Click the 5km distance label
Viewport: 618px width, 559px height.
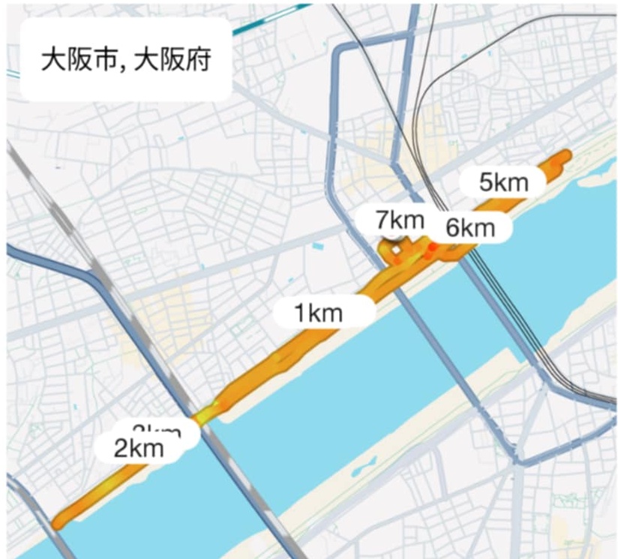click(x=504, y=181)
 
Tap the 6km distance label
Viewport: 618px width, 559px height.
click(x=471, y=227)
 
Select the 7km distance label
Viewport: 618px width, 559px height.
click(x=400, y=221)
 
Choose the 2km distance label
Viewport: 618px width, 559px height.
click(x=139, y=449)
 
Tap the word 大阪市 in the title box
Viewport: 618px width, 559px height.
click(x=79, y=60)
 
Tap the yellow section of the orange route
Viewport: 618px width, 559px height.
click(x=206, y=413)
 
